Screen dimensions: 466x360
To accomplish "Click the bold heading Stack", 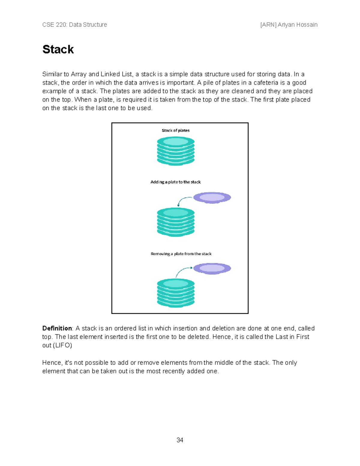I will click(58, 50).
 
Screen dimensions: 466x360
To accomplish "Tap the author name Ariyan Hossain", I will click(297, 25).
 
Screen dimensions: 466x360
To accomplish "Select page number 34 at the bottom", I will click(180, 440).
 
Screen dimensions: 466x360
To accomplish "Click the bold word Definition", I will click(57, 328).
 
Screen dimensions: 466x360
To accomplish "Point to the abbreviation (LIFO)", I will click(62, 345).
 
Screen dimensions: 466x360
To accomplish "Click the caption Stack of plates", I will click(175, 131).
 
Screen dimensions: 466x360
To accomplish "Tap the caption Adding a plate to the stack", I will click(175, 182).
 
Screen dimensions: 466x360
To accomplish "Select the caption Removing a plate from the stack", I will click(181, 254).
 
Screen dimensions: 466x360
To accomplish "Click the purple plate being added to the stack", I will click(212, 197).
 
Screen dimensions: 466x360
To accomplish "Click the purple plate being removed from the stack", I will click(212, 268).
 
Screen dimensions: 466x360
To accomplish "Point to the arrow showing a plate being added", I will click(184, 200).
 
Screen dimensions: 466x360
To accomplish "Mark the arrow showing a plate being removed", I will click(182, 271).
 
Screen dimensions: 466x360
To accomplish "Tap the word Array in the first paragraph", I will click(79, 74).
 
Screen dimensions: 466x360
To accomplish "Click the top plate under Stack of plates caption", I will click(176, 142).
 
